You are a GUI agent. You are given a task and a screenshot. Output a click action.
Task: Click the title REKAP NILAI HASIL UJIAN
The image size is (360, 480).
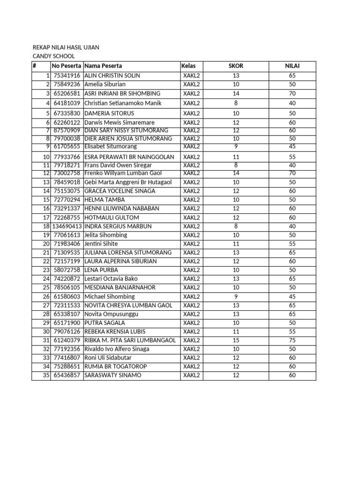(x=66, y=48)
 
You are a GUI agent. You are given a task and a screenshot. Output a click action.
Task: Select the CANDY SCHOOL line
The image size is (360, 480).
(x=53, y=57)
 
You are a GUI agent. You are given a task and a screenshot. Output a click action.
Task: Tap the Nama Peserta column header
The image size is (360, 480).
(x=103, y=66)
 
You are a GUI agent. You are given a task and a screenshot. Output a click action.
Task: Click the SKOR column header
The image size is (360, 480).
(x=235, y=66)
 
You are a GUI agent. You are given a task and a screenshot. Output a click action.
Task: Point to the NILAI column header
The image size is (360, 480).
(x=292, y=66)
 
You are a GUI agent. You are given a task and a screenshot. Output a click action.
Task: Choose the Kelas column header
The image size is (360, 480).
(x=188, y=66)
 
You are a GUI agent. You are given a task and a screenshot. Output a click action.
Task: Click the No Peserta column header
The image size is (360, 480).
(x=67, y=66)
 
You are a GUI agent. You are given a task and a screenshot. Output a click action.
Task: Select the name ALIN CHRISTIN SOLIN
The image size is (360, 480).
(x=112, y=75)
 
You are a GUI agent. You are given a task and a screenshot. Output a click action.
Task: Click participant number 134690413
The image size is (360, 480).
(x=67, y=226)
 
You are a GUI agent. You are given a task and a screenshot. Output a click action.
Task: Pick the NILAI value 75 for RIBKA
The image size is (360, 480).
(x=292, y=340)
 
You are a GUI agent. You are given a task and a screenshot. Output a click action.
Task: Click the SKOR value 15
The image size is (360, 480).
(x=235, y=340)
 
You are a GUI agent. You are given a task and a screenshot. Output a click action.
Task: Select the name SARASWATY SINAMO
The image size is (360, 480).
(x=112, y=375)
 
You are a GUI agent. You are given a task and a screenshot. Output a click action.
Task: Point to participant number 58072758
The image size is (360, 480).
(x=67, y=270)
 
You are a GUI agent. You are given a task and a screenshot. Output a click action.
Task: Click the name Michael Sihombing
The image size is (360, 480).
(x=109, y=297)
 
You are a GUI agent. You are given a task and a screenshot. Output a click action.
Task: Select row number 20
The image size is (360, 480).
(x=46, y=244)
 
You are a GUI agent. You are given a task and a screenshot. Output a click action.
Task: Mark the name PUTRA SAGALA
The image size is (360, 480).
(x=105, y=323)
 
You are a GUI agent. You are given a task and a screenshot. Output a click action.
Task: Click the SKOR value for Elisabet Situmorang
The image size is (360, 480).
(x=235, y=146)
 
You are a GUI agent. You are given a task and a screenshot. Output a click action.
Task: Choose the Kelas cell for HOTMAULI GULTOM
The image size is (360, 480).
(x=191, y=217)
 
